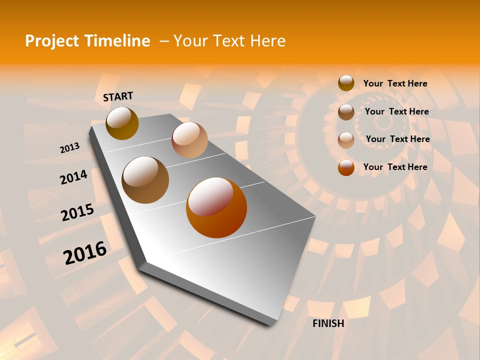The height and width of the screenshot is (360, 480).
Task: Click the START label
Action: tap(118, 96)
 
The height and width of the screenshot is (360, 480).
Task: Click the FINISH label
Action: tap(328, 323)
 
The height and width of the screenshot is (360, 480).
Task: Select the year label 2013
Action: tap(69, 148)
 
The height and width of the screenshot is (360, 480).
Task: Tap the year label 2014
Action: tap(73, 177)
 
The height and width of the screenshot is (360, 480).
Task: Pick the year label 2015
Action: tap(77, 213)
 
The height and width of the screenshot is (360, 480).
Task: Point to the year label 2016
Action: tap(85, 253)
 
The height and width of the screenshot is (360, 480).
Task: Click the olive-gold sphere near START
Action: tap(122, 123)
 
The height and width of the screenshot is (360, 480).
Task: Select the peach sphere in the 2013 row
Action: tap(189, 140)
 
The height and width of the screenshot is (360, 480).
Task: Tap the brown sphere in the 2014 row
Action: tap(145, 180)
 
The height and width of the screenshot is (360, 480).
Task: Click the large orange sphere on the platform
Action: tap(216, 207)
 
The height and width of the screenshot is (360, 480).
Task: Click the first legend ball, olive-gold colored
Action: tap(346, 83)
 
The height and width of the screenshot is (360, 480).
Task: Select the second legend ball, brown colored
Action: tap(346, 111)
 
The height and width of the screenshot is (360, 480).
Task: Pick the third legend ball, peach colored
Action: tap(346, 139)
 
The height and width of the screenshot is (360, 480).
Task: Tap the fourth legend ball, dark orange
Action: tap(346, 167)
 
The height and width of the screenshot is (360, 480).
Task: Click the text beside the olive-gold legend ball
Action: tap(395, 83)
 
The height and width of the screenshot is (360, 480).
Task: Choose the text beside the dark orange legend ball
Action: tap(395, 167)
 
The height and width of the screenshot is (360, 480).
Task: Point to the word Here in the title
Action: tap(267, 41)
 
